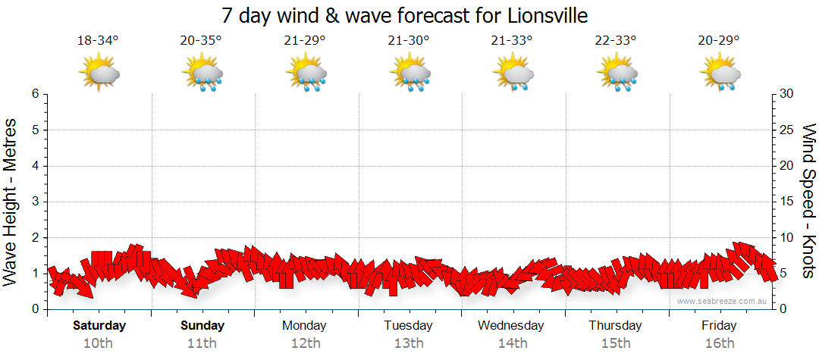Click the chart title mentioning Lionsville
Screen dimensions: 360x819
click(405, 15)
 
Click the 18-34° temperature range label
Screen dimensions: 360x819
click(99, 41)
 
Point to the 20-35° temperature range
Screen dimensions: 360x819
click(202, 41)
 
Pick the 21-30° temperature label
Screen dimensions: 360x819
click(408, 41)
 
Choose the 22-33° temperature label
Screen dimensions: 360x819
click(615, 41)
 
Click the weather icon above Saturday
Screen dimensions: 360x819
click(99, 74)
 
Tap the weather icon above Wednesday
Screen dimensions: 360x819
click(513, 74)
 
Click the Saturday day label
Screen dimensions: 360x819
click(99, 326)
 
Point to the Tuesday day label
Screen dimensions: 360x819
click(408, 326)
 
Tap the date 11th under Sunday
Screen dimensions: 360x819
click(202, 343)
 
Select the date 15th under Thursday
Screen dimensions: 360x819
click(615, 343)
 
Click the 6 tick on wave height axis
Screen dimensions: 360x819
click(35, 94)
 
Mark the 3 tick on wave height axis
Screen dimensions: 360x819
click(35, 202)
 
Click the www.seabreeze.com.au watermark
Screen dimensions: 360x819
click(723, 301)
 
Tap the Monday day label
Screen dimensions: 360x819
click(304, 326)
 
